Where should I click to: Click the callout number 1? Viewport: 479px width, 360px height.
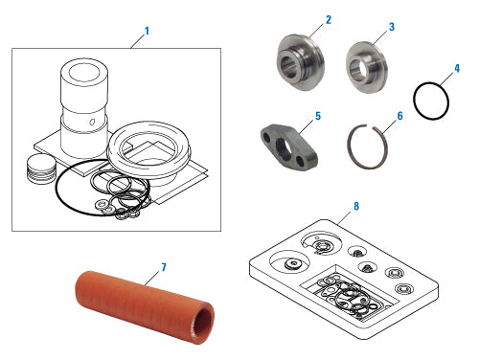(x=147, y=31)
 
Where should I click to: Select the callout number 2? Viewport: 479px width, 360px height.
(x=328, y=19)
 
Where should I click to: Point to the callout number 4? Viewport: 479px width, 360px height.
(x=457, y=69)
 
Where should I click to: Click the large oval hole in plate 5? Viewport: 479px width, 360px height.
(x=283, y=149)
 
